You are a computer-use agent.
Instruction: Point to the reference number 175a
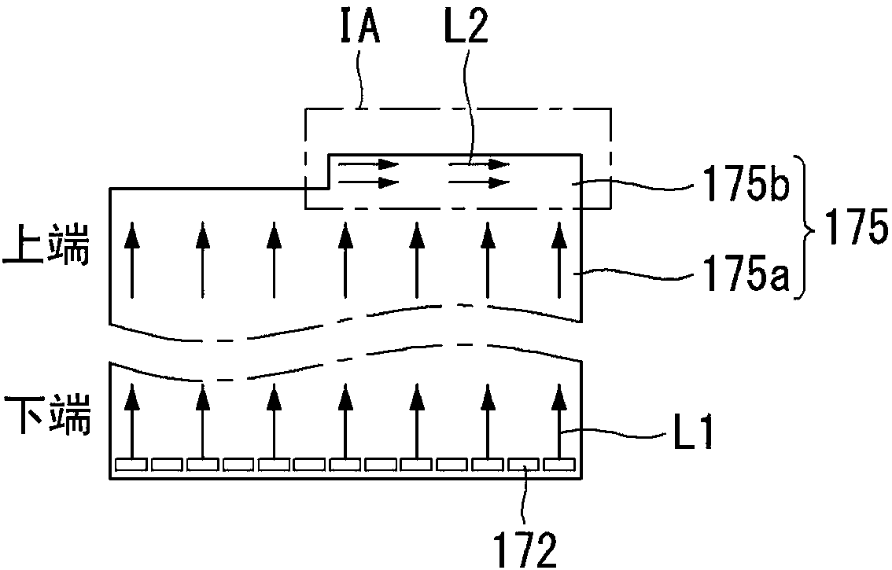[x=746, y=274]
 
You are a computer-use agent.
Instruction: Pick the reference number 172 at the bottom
[x=525, y=549]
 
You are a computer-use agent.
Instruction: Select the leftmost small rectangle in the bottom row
[x=131, y=465]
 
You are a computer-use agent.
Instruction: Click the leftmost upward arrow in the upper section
[x=131, y=260]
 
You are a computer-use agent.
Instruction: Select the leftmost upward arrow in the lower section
[x=131, y=421]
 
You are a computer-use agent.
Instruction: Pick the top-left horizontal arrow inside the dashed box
[x=368, y=165]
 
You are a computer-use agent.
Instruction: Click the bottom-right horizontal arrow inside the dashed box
[x=479, y=182]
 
